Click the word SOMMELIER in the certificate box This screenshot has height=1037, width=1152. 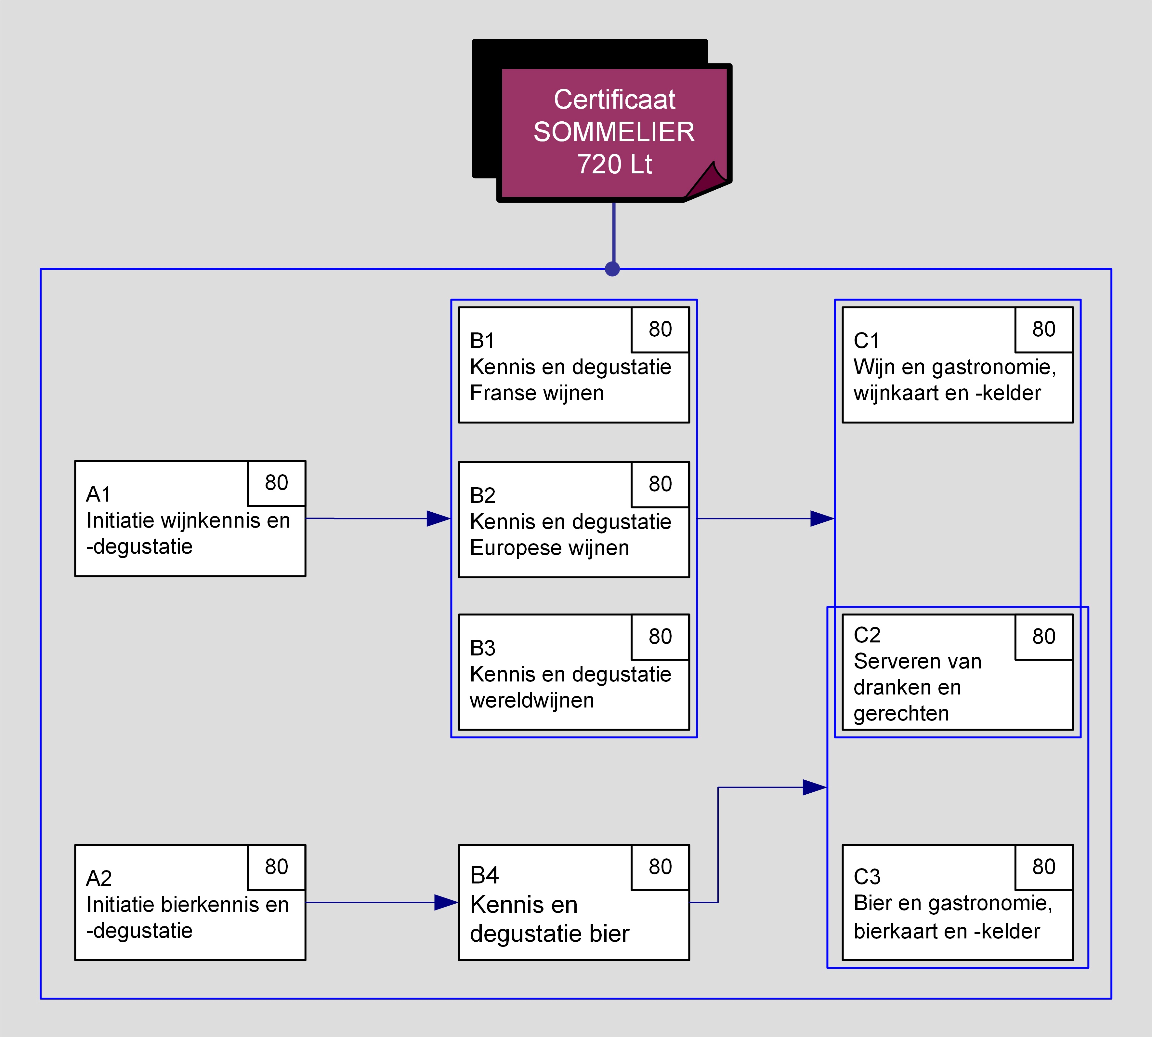tap(614, 132)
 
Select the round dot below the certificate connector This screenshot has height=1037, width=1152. tap(612, 269)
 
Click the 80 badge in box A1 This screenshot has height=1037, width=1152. tap(277, 483)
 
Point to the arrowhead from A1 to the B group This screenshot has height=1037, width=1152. tap(439, 518)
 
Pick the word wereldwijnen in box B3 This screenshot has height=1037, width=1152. tap(532, 700)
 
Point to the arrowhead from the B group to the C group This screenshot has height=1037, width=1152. tap(822, 518)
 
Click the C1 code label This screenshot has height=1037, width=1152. tap(866, 341)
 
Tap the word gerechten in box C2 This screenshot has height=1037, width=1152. tap(901, 713)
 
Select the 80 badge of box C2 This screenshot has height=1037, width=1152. tap(1044, 637)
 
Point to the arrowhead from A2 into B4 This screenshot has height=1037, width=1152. tap(446, 903)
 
